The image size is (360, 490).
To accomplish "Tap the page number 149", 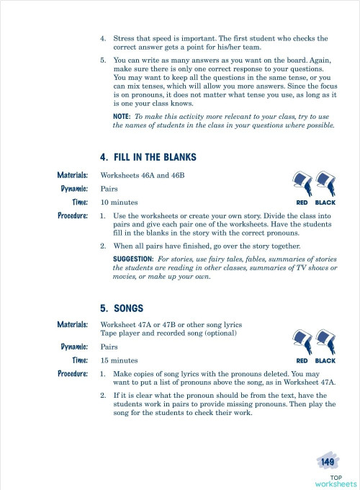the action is [328, 461].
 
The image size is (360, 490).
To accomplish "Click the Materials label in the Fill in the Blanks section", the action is [73, 175].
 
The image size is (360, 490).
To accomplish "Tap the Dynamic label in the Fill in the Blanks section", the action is [75, 189].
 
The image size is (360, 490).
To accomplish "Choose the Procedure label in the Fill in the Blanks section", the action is [73, 215].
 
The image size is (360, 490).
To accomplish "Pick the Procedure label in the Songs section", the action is [73, 374].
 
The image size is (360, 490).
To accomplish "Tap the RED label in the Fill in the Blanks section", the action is [302, 203].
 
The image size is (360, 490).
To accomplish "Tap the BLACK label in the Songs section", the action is [325, 360].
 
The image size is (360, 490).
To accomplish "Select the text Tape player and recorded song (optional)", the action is [167, 333].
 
